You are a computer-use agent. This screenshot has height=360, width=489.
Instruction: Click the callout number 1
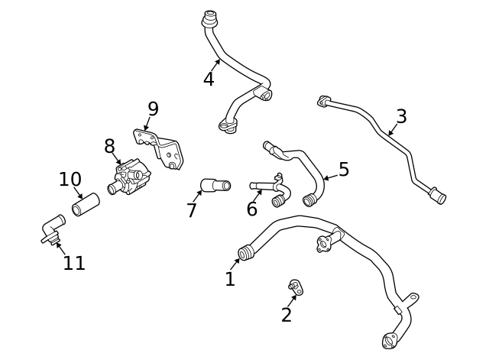[230, 280]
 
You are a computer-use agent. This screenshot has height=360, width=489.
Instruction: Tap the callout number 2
[287, 314]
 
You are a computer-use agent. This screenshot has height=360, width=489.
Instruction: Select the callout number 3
[401, 117]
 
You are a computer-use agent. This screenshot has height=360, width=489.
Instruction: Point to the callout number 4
[209, 79]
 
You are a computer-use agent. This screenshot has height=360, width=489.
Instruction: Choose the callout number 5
[344, 170]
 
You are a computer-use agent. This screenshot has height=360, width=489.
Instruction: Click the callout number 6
[252, 209]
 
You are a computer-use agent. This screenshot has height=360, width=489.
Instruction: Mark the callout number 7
[192, 210]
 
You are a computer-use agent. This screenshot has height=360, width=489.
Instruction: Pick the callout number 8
[109, 146]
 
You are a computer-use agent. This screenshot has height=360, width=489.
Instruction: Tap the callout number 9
[153, 109]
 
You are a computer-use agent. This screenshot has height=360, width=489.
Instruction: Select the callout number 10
[70, 180]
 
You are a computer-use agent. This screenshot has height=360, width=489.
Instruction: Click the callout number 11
[74, 264]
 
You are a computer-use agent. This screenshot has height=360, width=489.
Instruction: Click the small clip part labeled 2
[295, 287]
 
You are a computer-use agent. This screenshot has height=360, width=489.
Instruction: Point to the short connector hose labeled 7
[215, 185]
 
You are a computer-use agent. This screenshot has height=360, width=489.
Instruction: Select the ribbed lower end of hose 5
[309, 200]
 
